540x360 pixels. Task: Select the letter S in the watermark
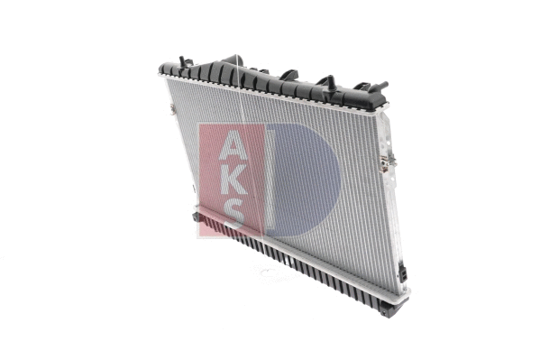pyautogui.click(x=232, y=213)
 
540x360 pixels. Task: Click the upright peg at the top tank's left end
pyautogui.click(x=183, y=62)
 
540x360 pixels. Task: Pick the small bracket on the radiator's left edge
pyautogui.click(x=170, y=110)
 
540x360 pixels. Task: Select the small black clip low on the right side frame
pyautogui.click(x=402, y=272)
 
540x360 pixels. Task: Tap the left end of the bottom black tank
pyautogui.click(x=197, y=217)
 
